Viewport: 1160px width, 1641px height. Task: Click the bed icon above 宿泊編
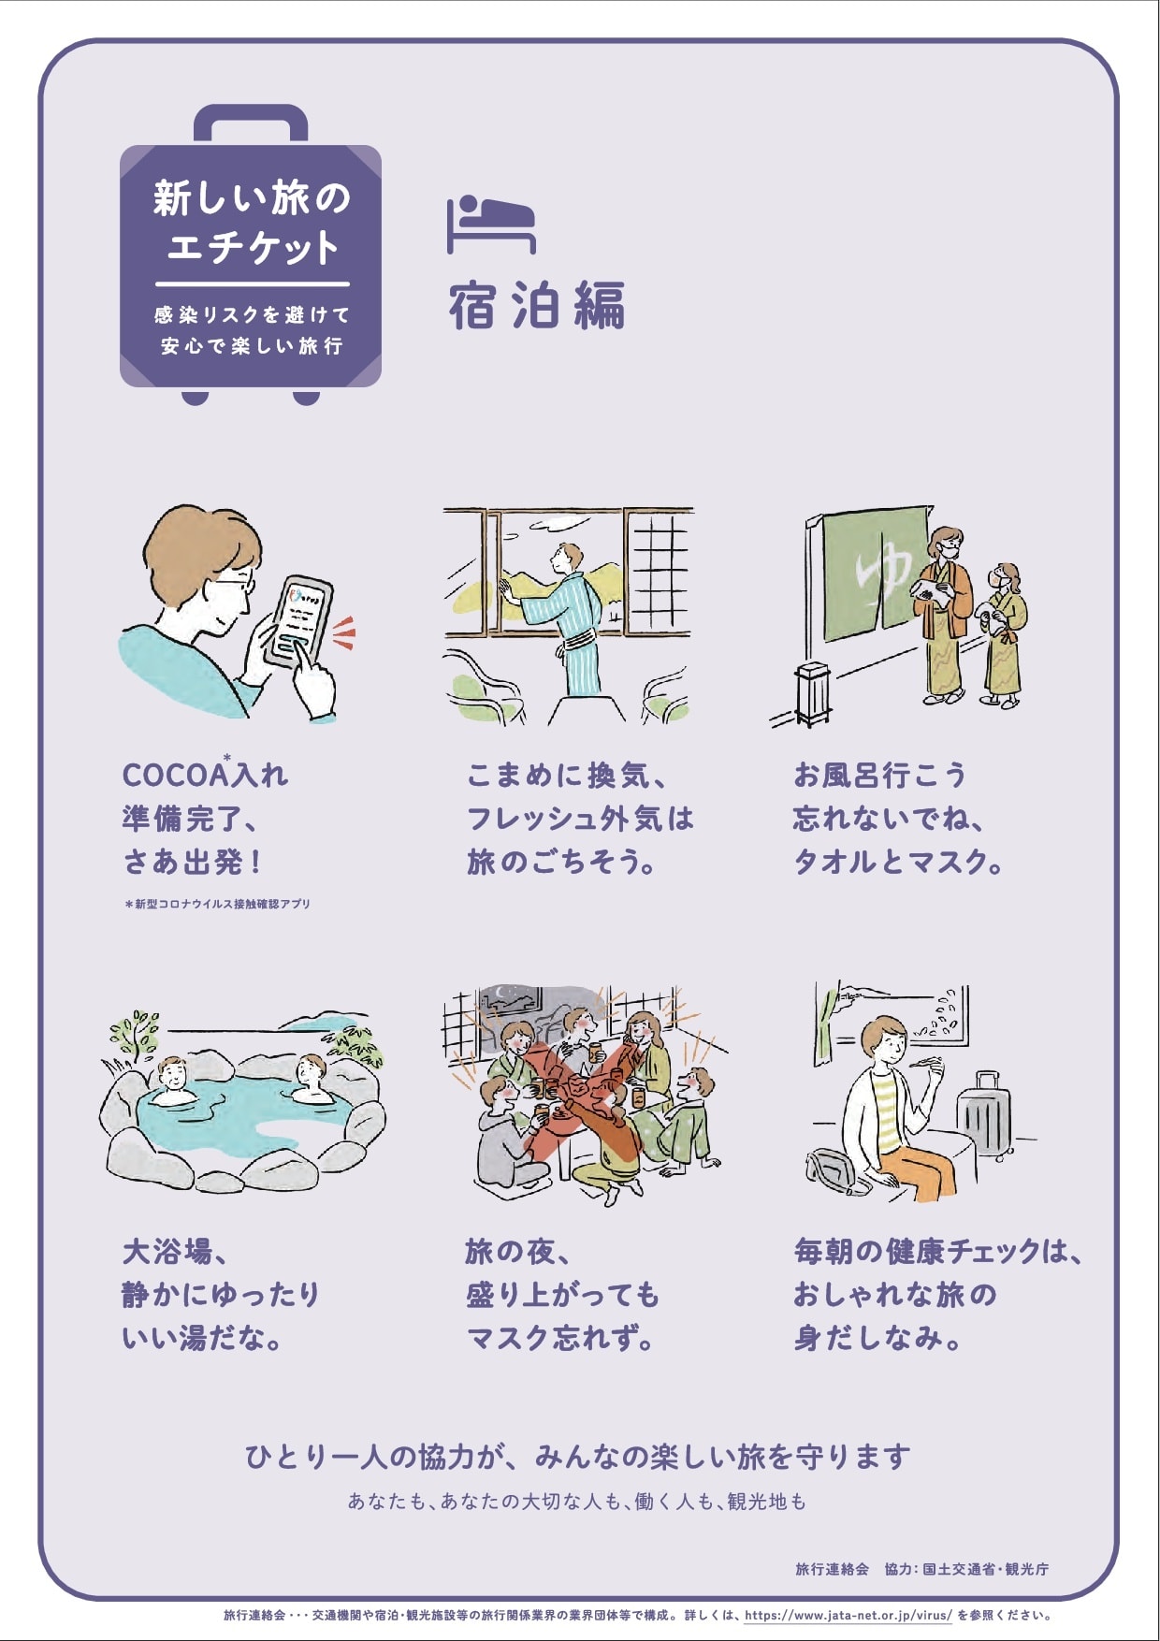pos(491,225)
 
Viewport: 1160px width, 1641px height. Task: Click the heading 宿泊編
pos(537,305)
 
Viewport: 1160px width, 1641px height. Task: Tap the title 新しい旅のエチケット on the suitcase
pos(252,223)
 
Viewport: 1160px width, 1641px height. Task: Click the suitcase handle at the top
pos(251,122)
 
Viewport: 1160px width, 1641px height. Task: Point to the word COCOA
pos(175,776)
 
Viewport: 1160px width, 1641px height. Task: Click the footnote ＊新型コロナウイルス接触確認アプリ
pos(217,904)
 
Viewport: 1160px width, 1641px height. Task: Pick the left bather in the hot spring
pos(171,1082)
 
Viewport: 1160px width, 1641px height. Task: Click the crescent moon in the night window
pos(505,995)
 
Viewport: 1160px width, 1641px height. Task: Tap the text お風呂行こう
pos(879,776)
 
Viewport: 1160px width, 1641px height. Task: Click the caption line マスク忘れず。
pos(559,1338)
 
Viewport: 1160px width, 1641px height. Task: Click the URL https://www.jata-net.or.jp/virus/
pos(848,1615)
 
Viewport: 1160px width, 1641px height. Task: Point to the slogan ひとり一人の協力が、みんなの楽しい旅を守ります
pos(577,1457)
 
